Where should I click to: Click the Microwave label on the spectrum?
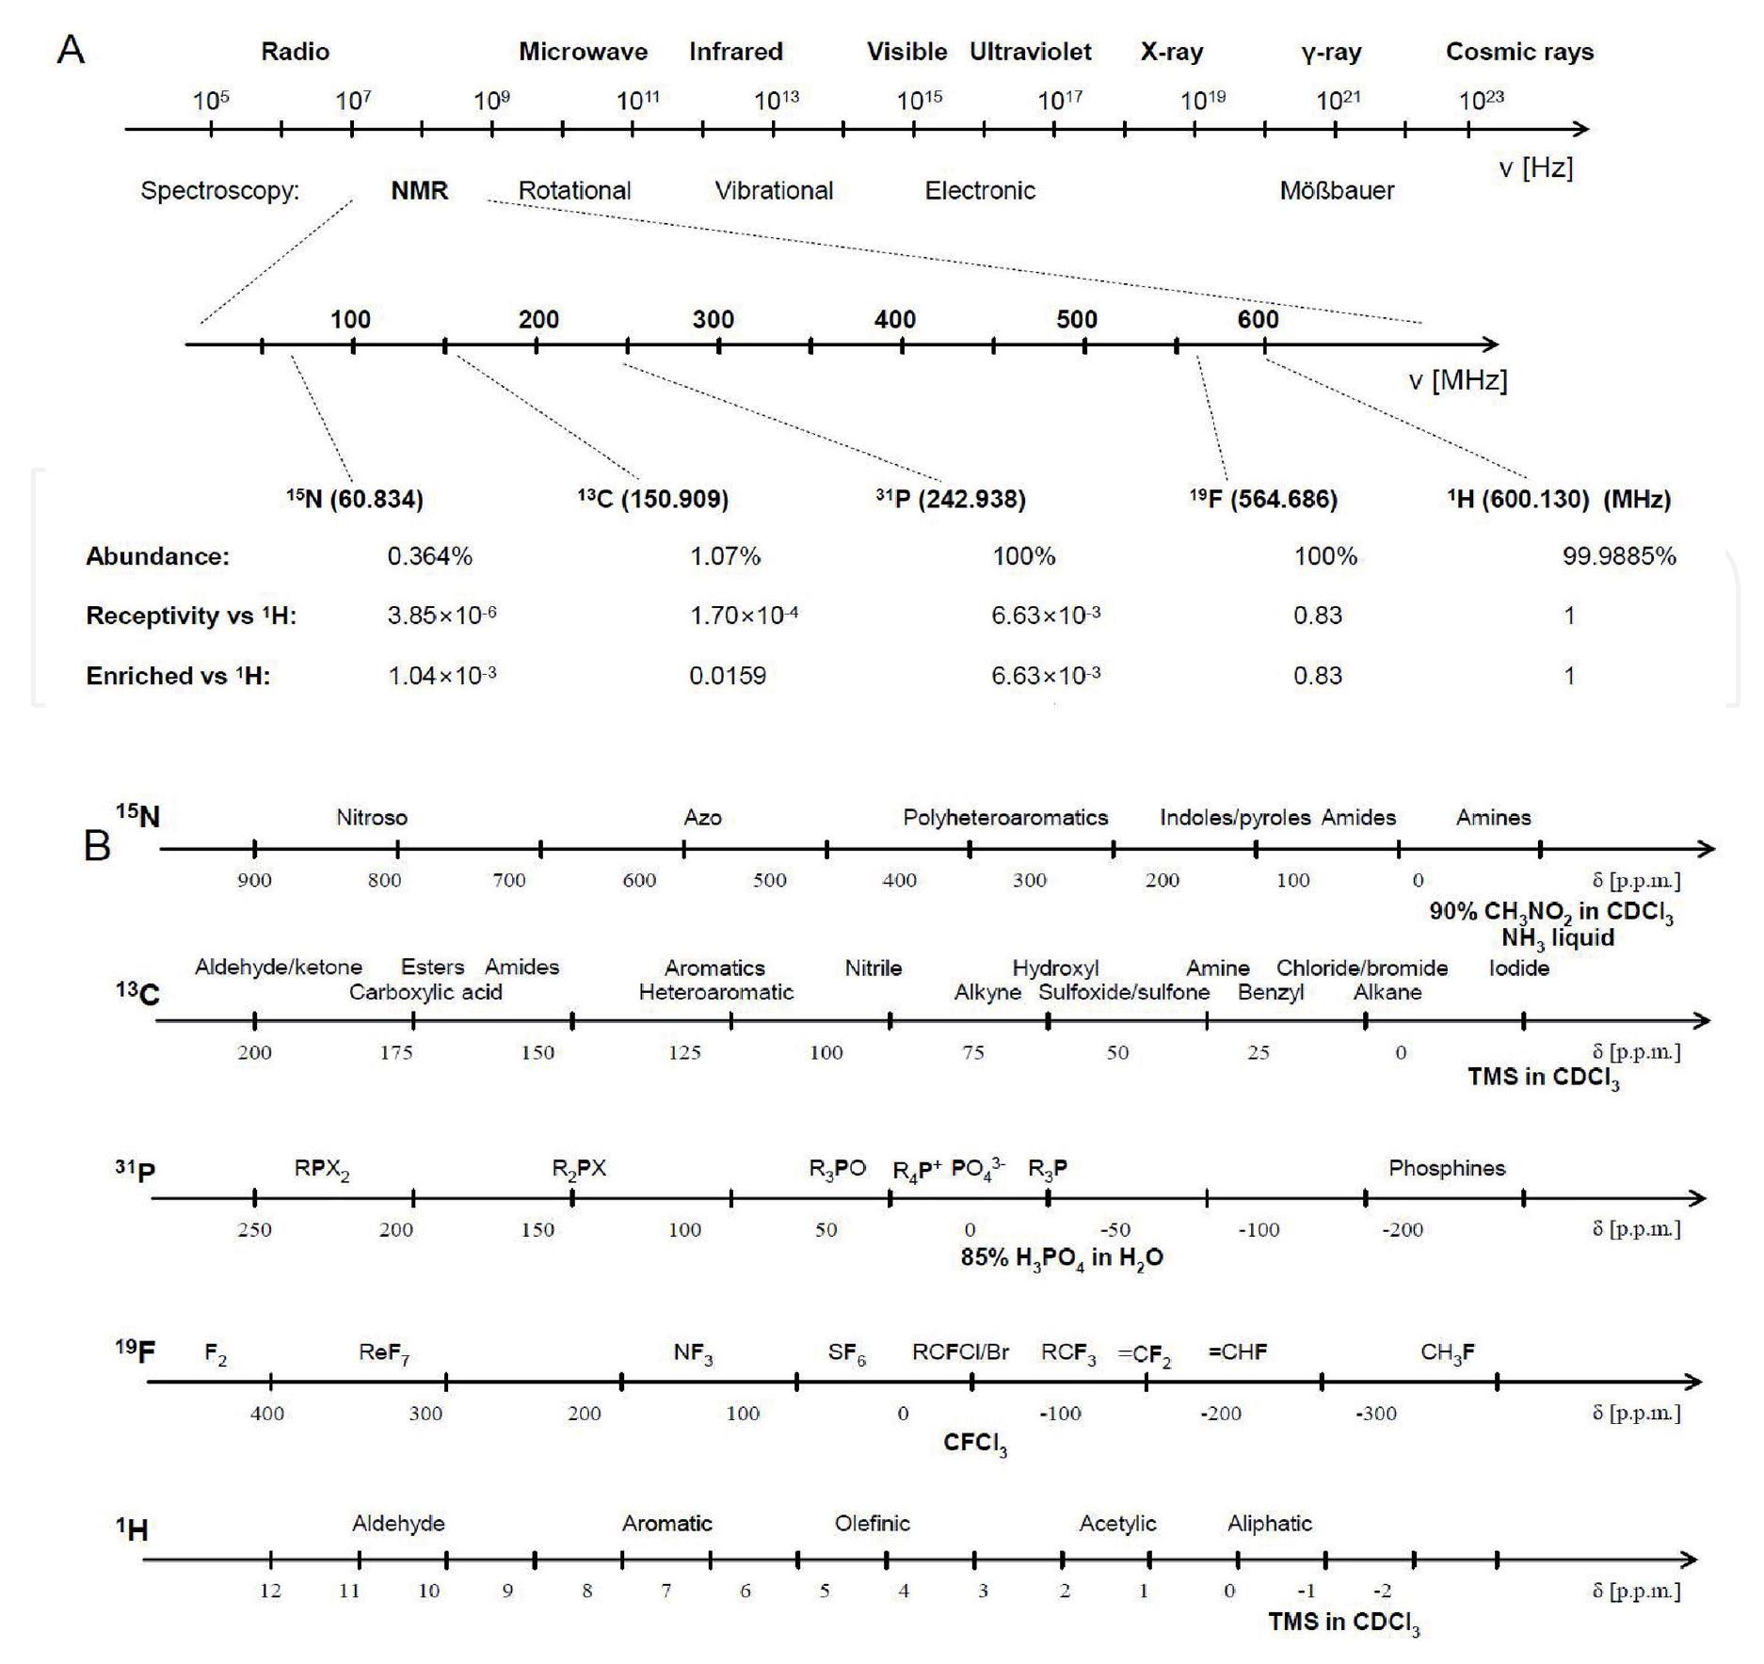(583, 52)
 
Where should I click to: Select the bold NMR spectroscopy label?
(419, 190)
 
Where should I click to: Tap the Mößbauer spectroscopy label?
(1337, 190)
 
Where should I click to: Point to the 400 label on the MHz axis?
(894, 319)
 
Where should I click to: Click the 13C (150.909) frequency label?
(653, 499)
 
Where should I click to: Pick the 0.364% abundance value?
(429, 556)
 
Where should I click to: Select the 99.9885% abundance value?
(1619, 556)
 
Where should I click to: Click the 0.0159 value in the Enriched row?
(728, 676)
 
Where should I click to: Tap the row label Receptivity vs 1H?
(191, 616)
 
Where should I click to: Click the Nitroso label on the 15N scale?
(372, 818)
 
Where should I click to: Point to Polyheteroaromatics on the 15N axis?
(1005, 818)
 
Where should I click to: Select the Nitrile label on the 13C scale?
(873, 968)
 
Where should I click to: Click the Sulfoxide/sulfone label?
(1124, 992)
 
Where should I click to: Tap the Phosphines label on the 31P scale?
(1447, 1168)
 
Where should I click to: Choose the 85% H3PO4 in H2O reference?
(1062, 1258)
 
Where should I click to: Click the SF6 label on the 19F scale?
(846, 1353)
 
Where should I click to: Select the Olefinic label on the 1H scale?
(872, 1524)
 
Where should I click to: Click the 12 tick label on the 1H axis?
(270, 1591)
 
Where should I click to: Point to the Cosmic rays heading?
(1519, 52)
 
